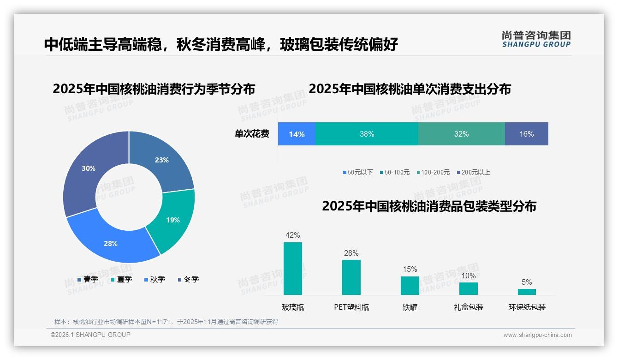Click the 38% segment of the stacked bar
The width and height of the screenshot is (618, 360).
point(367,134)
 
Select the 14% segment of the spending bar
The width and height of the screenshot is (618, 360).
point(297,134)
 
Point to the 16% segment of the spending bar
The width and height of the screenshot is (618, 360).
point(526,134)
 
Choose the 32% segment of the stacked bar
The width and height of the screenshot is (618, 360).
point(461,134)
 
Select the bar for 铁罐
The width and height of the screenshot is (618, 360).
point(410,286)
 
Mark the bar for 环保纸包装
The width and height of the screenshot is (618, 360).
point(527,292)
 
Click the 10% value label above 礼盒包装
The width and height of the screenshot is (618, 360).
point(468,276)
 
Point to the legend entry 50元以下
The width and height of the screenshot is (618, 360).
point(358,172)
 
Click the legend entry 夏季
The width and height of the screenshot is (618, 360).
point(122,279)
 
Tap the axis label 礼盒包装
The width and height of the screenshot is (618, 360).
point(468,307)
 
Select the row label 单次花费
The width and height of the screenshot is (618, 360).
point(252,134)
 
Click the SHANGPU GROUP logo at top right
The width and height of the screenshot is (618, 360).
point(536,39)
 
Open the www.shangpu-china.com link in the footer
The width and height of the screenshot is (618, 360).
point(537,335)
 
